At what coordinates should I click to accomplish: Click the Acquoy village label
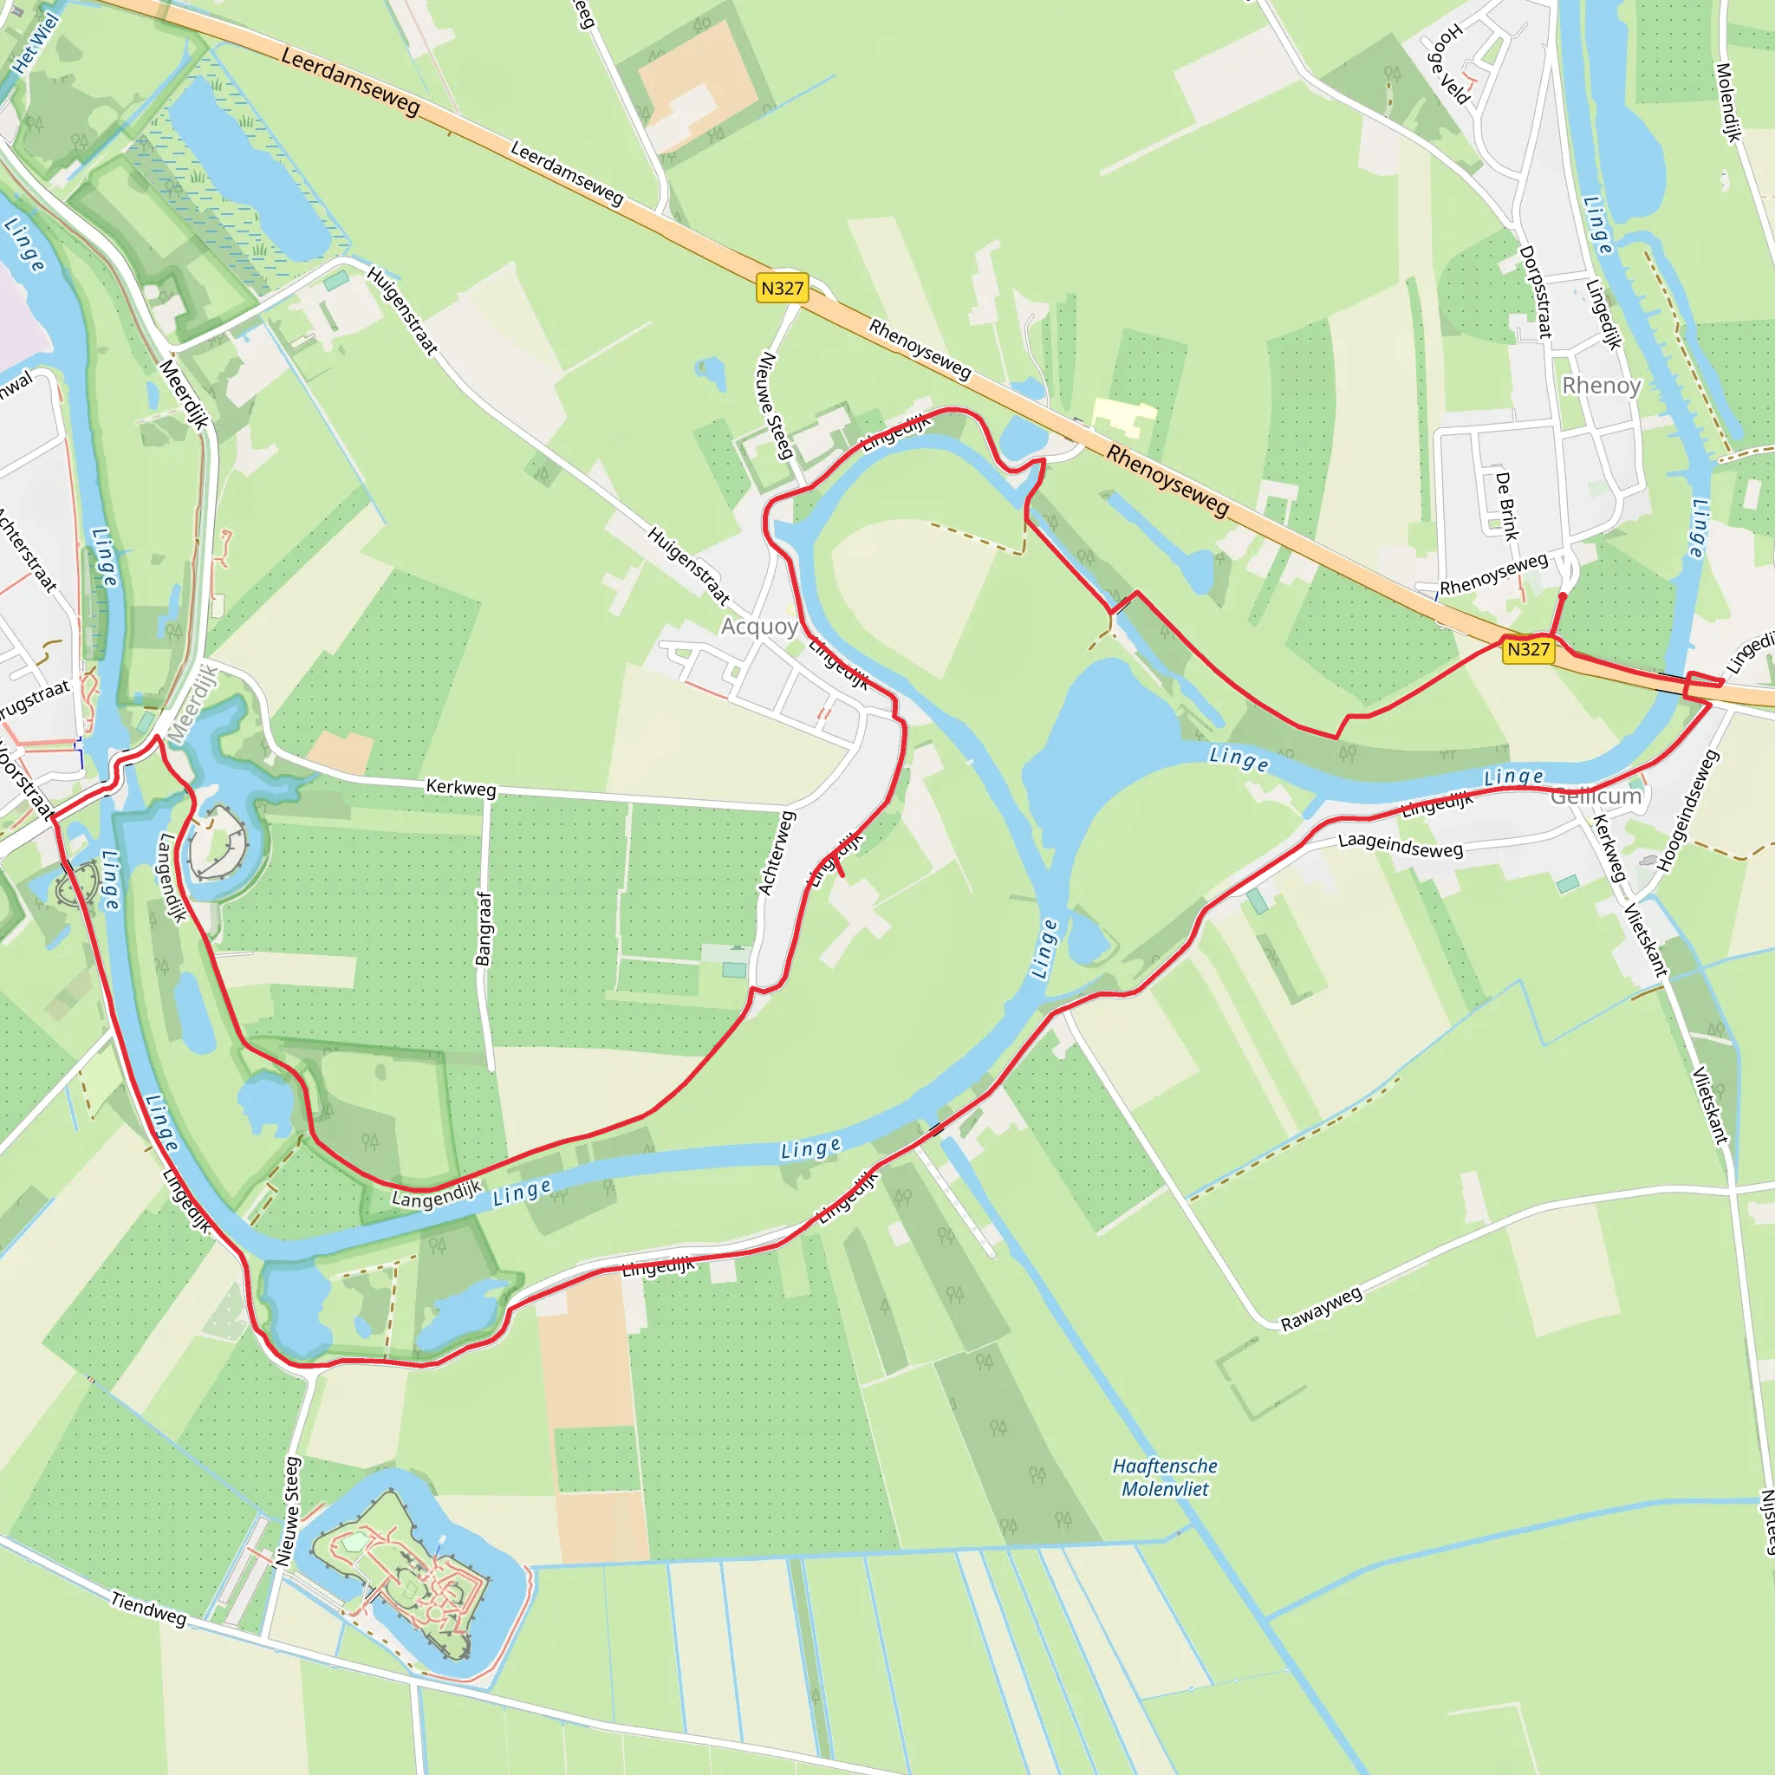759,627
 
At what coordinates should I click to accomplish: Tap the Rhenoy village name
1602,385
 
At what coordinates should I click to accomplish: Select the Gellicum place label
1596,796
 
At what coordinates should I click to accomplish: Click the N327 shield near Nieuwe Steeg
782,289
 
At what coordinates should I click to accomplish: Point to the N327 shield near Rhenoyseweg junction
1528,649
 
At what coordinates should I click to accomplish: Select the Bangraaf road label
484,928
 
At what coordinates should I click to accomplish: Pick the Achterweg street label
776,853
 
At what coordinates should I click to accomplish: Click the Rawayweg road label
1321,1308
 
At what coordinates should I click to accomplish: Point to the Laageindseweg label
1401,844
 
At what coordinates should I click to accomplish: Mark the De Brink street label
1506,505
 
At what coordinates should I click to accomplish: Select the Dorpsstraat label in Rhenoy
1535,291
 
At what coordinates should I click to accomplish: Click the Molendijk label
1728,102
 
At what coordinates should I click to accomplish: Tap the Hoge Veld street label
1448,64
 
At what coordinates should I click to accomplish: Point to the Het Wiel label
35,42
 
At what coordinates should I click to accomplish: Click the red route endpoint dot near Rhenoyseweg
1563,596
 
